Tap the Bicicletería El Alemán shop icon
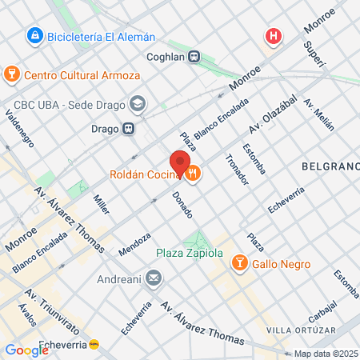(x=34, y=35)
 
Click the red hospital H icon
(x=274, y=36)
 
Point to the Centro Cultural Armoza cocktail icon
(x=12, y=75)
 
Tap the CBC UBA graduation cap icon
(x=138, y=103)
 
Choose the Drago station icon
(x=127, y=128)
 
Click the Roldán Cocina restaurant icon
(x=194, y=172)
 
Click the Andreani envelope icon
(x=154, y=279)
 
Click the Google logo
(x=26, y=350)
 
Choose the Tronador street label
(x=238, y=170)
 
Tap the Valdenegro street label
(x=19, y=128)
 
